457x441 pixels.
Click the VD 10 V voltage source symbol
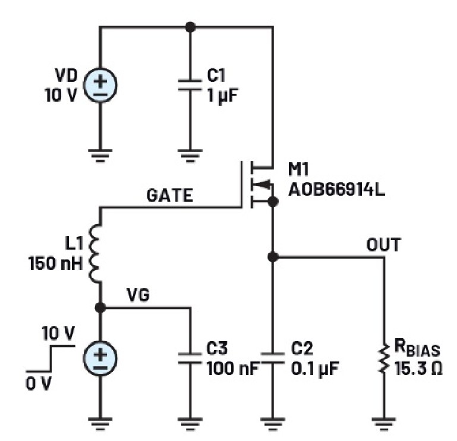click(x=99, y=86)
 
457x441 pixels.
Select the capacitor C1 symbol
click(x=190, y=86)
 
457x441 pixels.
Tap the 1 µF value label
click(x=223, y=96)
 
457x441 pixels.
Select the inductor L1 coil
click(x=97, y=253)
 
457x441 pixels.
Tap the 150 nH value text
click(x=54, y=262)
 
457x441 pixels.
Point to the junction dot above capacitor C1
click(x=190, y=27)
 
